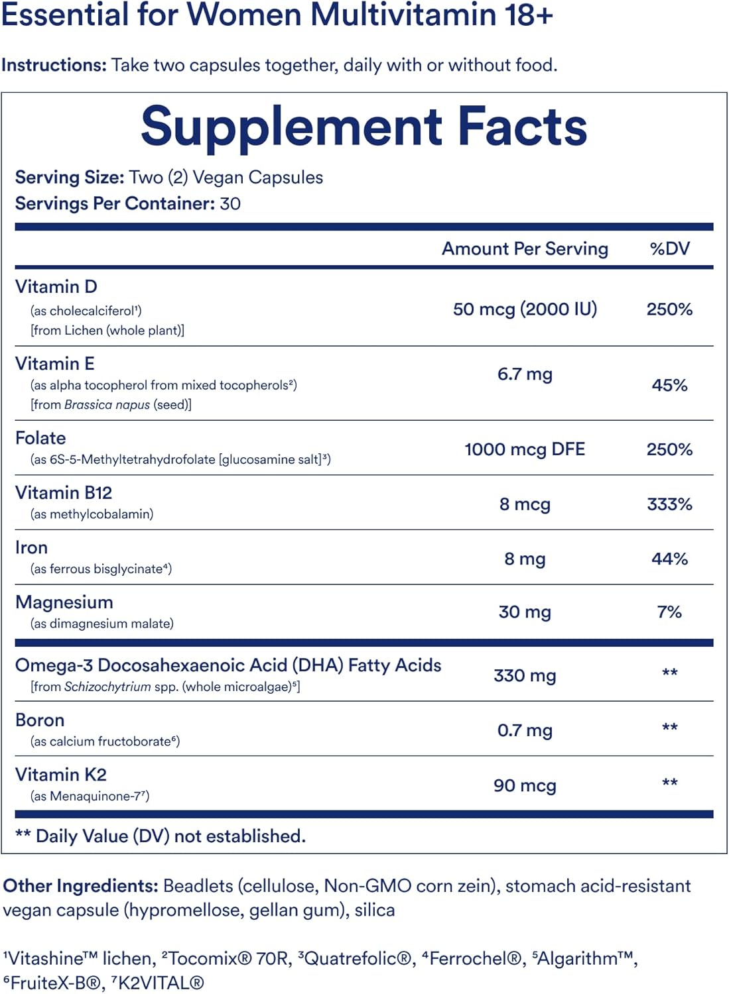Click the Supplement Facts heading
pyautogui.click(x=364, y=127)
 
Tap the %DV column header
pyautogui.click(x=669, y=248)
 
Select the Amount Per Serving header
pyautogui.click(x=525, y=248)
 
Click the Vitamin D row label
pyautogui.click(x=56, y=287)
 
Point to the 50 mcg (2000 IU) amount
pyautogui.click(x=525, y=309)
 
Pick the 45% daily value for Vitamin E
pyautogui.click(x=669, y=385)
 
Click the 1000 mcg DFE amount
pyautogui.click(x=525, y=449)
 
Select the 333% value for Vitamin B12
pyautogui.click(x=669, y=504)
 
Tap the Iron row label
pyautogui.click(x=32, y=547)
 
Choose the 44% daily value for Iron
pyautogui.click(x=669, y=559)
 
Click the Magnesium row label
pyautogui.click(x=64, y=602)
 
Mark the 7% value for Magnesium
pyautogui.click(x=669, y=612)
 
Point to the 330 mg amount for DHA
pyautogui.click(x=525, y=675)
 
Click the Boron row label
pyautogui.click(x=40, y=720)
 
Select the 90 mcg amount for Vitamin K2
pyautogui.click(x=525, y=785)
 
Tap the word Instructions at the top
pyautogui.click(x=54, y=65)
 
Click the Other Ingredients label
pyautogui.click(x=80, y=886)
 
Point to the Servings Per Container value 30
pyautogui.click(x=230, y=203)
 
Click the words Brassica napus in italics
pyautogui.click(x=107, y=405)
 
